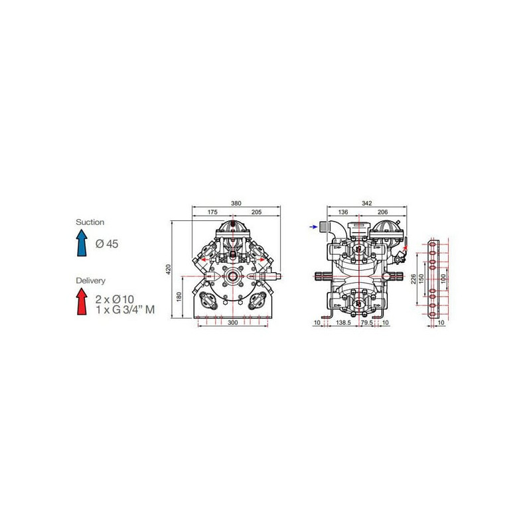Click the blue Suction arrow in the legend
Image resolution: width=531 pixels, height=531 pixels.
[82, 243]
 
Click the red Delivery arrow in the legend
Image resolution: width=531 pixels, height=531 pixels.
[82, 301]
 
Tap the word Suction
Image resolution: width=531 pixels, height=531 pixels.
[90, 222]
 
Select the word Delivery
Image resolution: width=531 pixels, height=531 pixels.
[90, 281]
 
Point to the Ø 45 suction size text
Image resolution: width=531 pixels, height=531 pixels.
[107, 244]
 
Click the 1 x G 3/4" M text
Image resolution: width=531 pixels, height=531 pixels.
[125, 309]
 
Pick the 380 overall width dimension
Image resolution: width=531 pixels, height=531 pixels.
[236, 203]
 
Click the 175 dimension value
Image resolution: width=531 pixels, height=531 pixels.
[212, 212]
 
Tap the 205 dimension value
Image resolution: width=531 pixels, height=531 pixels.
[256, 212]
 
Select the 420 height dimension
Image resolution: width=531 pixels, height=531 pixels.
[169, 269]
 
